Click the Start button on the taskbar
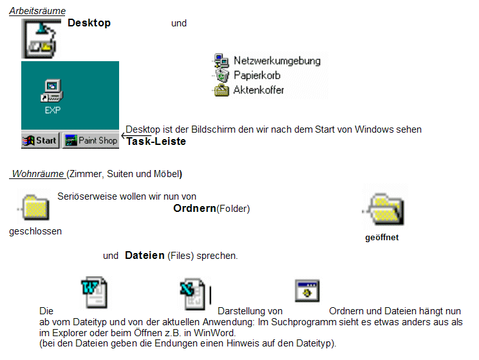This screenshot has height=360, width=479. tap(40, 140)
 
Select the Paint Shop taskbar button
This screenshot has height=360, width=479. tap(91, 140)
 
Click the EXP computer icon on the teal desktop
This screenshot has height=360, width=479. tap(52, 91)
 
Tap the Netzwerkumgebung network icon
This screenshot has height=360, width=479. tap(221, 61)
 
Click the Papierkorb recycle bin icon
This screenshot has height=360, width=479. tap(222, 75)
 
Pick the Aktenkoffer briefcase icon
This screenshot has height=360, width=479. tap(221, 90)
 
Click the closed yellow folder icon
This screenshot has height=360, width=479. tap(35, 207)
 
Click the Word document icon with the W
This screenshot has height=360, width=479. tap(95, 292)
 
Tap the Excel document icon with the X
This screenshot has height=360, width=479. tap(193, 294)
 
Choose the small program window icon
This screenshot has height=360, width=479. tap(307, 290)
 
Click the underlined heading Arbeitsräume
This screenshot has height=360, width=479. tap(37, 11)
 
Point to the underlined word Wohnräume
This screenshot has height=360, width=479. tap(38, 174)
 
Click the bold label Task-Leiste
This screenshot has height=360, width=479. tap(156, 142)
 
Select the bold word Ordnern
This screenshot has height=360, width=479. tap(194, 208)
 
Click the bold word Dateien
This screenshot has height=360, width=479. tap(145, 255)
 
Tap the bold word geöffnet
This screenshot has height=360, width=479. tap(382, 238)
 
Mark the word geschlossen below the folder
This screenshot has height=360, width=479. tap(35, 231)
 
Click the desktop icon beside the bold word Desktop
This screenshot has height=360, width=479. tap(41, 39)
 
